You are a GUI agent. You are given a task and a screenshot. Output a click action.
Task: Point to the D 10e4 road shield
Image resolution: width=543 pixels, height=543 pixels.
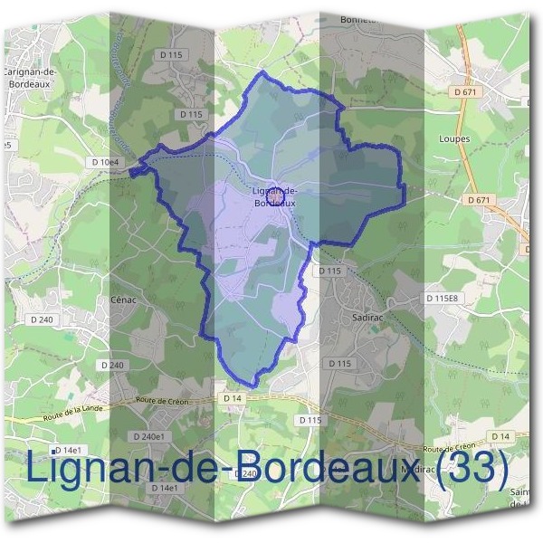106,161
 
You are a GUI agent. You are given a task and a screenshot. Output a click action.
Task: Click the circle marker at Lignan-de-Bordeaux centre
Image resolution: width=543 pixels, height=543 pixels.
275,194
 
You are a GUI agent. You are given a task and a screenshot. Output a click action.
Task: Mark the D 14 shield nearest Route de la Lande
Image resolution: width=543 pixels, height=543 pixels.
231,398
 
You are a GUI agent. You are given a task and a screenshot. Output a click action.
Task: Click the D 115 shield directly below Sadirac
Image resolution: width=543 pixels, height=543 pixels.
339,363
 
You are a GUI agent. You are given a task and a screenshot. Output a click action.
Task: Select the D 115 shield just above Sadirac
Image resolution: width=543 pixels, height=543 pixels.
329,271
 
